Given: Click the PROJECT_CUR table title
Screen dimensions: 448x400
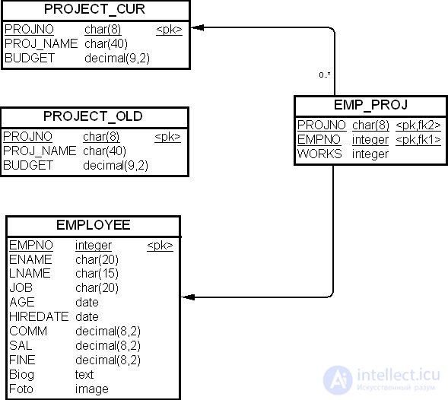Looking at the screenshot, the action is coord(94,9).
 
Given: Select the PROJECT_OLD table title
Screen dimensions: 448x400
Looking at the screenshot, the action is coord(93,116).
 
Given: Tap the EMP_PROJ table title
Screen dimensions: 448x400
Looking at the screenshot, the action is coord(370,105).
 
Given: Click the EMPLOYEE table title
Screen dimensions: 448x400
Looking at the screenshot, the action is coord(94,225).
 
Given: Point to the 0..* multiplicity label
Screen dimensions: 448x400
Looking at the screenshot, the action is coord(325,75).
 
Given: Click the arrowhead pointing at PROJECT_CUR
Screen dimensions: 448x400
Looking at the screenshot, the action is coord(197,27).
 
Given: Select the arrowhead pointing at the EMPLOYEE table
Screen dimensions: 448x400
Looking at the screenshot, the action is coord(189,297).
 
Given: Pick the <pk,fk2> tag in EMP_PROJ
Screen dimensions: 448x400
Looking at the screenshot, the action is coord(418,125).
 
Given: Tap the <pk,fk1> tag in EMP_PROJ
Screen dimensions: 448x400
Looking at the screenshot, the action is coord(418,140).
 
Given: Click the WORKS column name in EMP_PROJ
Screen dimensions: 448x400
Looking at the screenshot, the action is coord(319,154).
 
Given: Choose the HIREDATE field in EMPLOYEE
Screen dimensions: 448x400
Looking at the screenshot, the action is coord(39,317).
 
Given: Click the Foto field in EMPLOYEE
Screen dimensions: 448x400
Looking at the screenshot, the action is coord(21,389).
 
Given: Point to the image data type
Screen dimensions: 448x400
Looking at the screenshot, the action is coord(92,389).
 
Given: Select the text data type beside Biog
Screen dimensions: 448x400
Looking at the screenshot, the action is coord(84,375).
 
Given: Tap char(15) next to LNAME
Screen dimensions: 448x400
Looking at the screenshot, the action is coord(97,274).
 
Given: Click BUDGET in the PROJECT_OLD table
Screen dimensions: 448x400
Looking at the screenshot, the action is coord(28,166).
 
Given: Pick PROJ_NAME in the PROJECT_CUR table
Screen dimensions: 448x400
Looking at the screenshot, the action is coord(41,44).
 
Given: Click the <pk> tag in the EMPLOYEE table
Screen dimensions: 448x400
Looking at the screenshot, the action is coord(160,246).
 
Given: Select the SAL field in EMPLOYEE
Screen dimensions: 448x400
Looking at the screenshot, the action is coord(21,346).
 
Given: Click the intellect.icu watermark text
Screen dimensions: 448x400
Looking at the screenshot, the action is coord(399,375).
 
